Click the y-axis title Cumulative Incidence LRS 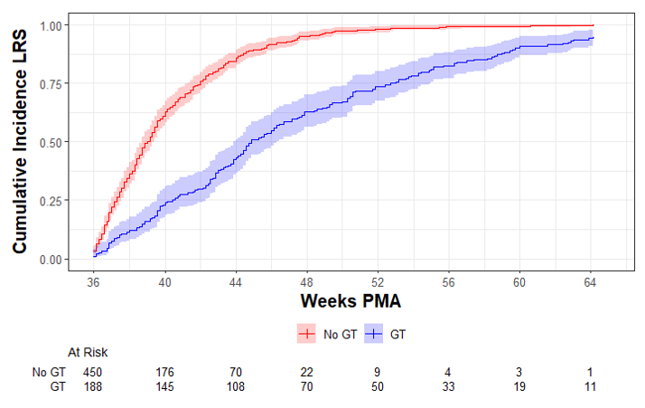tap(19, 141)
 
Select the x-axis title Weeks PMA tap(351, 301)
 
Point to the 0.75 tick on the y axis tap(51, 84)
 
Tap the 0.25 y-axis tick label tap(51, 201)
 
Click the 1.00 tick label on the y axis tap(51, 26)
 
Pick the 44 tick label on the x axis tap(236, 283)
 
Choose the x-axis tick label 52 tap(378, 283)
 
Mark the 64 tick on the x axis tap(590, 283)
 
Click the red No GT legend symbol tap(306, 334)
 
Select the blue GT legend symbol tap(373, 334)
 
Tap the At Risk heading tap(88, 353)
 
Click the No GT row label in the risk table tap(49, 372)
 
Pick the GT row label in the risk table tap(58, 386)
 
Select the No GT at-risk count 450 tap(92, 372)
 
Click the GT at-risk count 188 tap(92, 386)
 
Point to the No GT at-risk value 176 tap(164, 372)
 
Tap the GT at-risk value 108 tap(236, 386)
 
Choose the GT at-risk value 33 tap(448, 386)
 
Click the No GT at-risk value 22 tap(306, 372)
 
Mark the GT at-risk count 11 tap(590, 386)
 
